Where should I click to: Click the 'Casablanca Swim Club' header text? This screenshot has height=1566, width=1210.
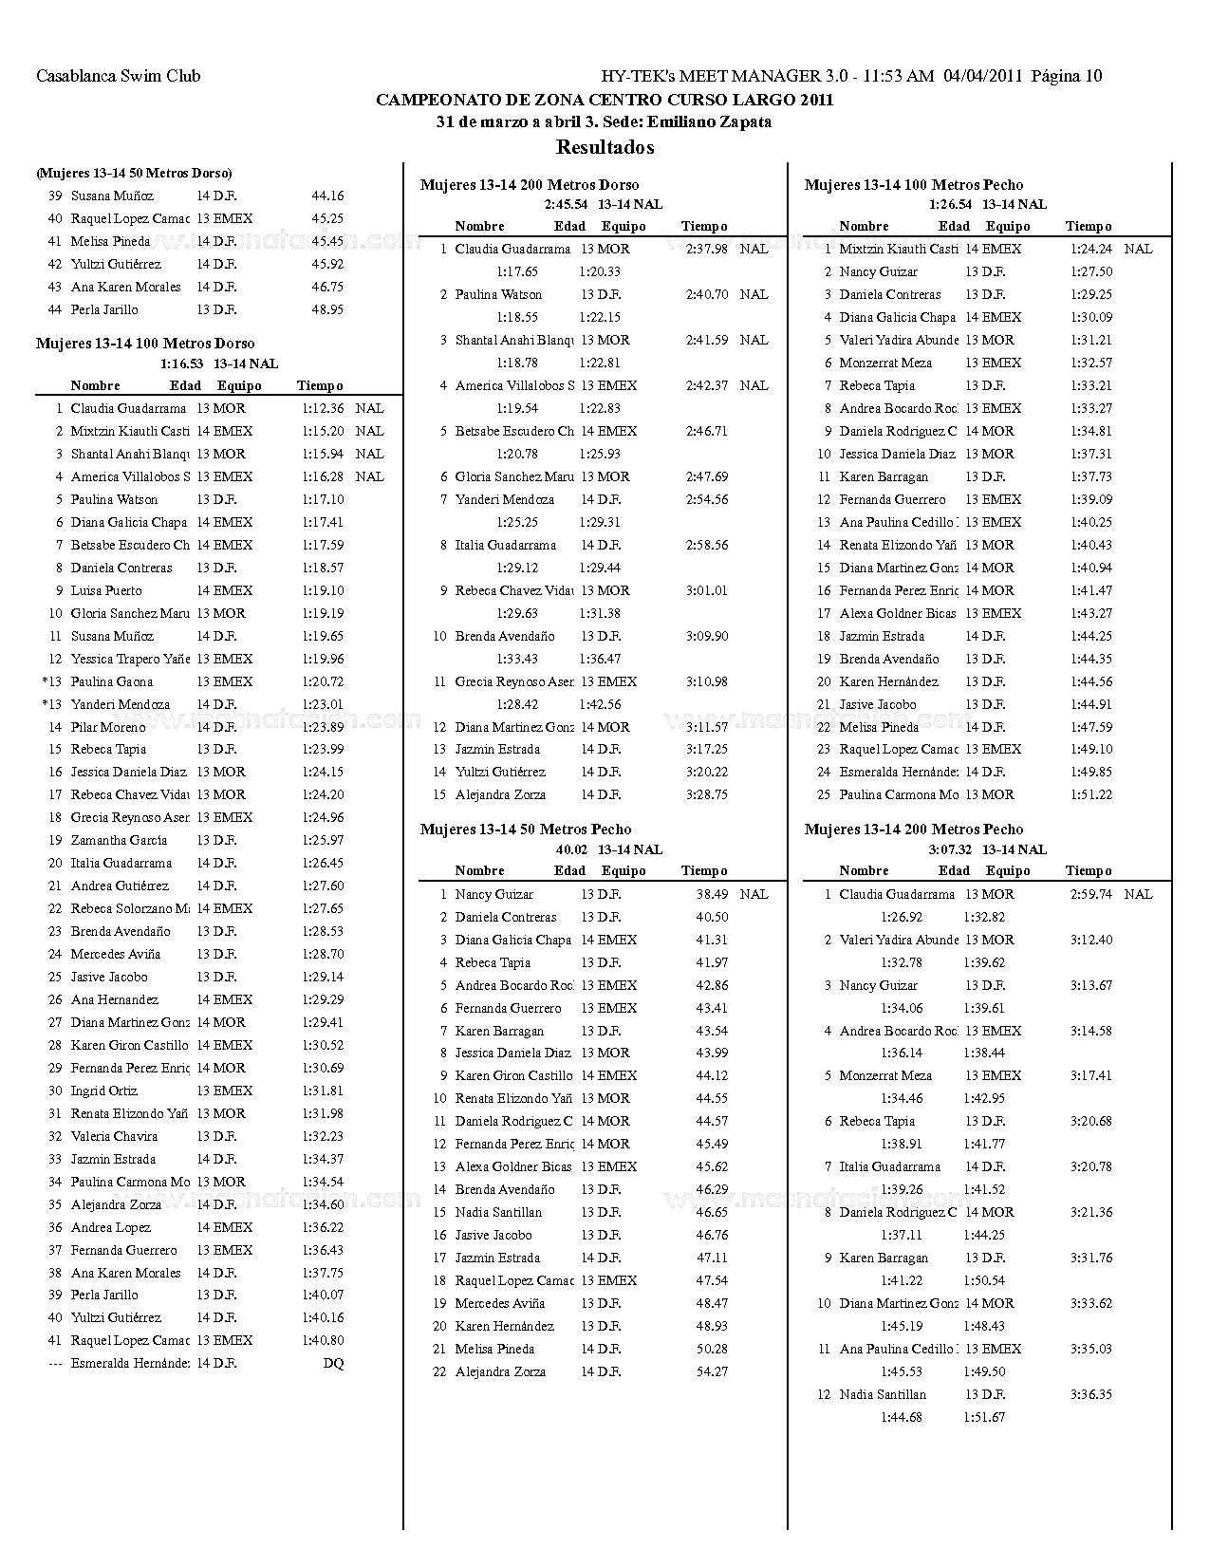[x=118, y=76]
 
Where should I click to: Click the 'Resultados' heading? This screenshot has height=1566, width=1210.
[x=605, y=147]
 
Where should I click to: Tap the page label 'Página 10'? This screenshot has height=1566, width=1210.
[x=1067, y=76]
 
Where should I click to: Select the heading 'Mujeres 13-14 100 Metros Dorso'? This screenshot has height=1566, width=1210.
[x=145, y=344]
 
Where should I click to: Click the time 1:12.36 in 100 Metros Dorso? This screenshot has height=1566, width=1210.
[x=323, y=409]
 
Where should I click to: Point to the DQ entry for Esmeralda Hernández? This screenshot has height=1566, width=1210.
[x=333, y=1364]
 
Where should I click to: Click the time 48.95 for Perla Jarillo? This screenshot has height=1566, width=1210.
[x=327, y=310]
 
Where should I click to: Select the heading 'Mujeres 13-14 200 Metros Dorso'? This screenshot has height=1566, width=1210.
[x=530, y=185]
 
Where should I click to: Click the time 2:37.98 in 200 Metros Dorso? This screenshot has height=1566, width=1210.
[x=707, y=250]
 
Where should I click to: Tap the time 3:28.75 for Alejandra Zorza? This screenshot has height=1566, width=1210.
[x=707, y=795]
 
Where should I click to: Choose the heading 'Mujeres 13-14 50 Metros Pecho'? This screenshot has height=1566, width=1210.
[x=526, y=830]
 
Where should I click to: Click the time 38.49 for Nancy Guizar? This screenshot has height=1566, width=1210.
[x=712, y=895]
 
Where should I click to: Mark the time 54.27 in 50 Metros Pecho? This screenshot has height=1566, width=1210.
[x=712, y=1372]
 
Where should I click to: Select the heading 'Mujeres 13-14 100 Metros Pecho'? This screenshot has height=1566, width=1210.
[x=914, y=185]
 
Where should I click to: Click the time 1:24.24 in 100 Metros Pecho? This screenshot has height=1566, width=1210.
[x=1091, y=250]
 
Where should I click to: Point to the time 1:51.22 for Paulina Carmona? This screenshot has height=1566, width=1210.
[x=1091, y=795]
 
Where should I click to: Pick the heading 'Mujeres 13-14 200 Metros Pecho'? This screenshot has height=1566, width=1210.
[x=914, y=830]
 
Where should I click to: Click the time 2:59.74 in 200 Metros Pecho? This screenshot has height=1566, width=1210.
[x=1091, y=895]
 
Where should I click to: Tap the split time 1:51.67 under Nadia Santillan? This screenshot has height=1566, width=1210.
[x=984, y=1418]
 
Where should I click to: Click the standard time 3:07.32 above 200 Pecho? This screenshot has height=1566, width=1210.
[x=950, y=850]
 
